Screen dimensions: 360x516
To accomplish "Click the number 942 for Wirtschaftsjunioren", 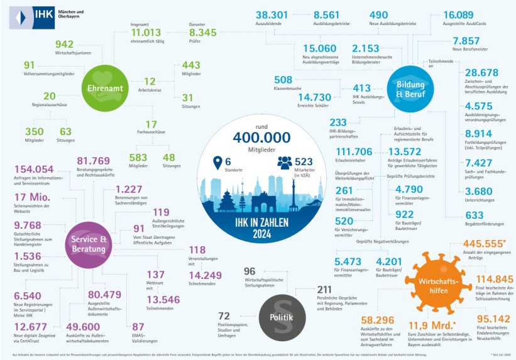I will click(x=64, y=44).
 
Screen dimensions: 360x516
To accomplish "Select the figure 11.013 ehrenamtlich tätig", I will click(x=146, y=33).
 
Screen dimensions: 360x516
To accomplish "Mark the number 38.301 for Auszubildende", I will click(x=272, y=15).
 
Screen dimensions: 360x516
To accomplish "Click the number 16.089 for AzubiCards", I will click(x=463, y=15).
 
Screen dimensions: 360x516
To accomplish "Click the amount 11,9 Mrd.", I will click(x=432, y=325).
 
